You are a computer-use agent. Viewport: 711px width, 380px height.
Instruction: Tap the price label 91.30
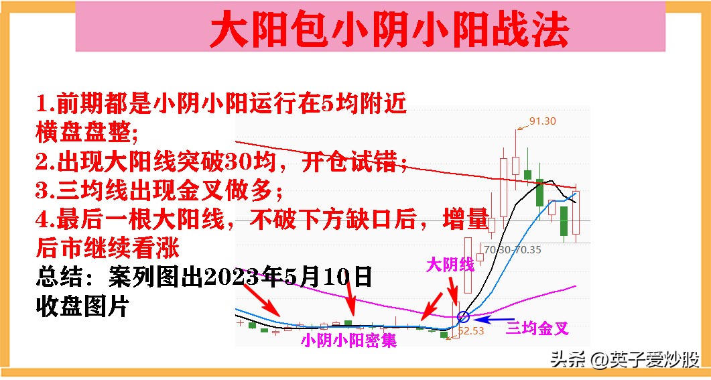pyautogui.click(x=543, y=121)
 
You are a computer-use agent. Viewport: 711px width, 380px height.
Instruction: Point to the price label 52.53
pyautogui.click(x=471, y=330)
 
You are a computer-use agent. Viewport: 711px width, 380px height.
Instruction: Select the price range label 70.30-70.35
pyautogui.click(x=512, y=249)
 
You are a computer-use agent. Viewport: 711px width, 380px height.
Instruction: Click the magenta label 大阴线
pyautogui.click(x=450, y=265)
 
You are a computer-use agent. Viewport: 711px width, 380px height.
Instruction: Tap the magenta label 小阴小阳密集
pyautogui.click(x=348, y=341)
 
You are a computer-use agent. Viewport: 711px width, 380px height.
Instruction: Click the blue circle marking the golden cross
pyautogui.click(x=462, y=317)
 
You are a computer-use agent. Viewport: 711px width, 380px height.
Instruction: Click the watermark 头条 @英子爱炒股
pyautogui.click(x=625, y=359)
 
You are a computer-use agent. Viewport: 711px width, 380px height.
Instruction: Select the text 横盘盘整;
pyautogui.click(x=86, y=133)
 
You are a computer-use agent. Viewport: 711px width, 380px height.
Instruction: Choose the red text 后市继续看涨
pyautogui.click(x=107, y=249)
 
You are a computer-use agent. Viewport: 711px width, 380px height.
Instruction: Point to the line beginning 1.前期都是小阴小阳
pyautogui.click(x=221, y=104)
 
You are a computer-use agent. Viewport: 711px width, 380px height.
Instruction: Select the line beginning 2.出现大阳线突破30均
pyautogui.click(x=221, y=162)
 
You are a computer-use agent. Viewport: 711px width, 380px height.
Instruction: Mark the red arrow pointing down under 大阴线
pyautogui.click(x=454, y=293)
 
